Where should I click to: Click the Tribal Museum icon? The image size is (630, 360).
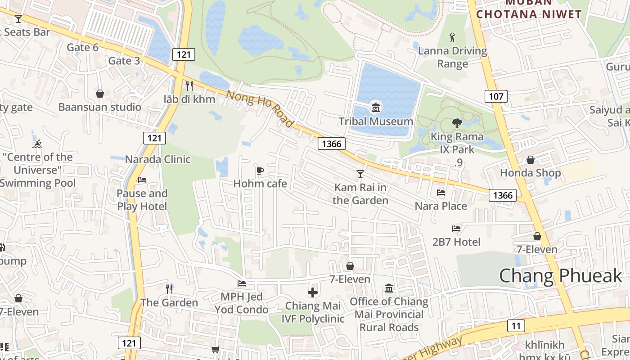pos(375,108)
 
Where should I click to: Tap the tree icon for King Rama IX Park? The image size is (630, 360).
pos(457,123)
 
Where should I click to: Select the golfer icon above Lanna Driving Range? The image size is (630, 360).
pos(452,37)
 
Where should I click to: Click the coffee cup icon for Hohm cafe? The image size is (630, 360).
pos(260,171)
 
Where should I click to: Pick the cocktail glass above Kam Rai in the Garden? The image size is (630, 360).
pos(360,174)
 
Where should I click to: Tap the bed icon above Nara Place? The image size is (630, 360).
pos(441,193)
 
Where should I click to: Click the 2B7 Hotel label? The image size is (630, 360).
pos(456,242)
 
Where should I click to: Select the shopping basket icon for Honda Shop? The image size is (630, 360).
pos(531,160)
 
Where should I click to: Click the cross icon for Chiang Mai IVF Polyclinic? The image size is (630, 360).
pos(313,292)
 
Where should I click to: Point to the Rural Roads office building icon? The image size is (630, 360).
pos(389,288)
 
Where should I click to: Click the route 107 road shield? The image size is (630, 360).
pos(496,96)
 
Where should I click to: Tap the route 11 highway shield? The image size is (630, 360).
pos(516,326)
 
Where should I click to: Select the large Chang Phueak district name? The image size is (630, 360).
pos(560,275)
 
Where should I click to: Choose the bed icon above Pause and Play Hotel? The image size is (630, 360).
pos(142,180)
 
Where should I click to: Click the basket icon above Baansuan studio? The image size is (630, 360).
pos(100,94)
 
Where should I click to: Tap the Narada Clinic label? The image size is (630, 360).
pos(157,159)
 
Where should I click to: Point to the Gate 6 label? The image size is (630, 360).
pos(82,47)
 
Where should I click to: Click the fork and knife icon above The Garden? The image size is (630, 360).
pos(169,289)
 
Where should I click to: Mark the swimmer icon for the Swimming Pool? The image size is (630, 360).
pos(37,144)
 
